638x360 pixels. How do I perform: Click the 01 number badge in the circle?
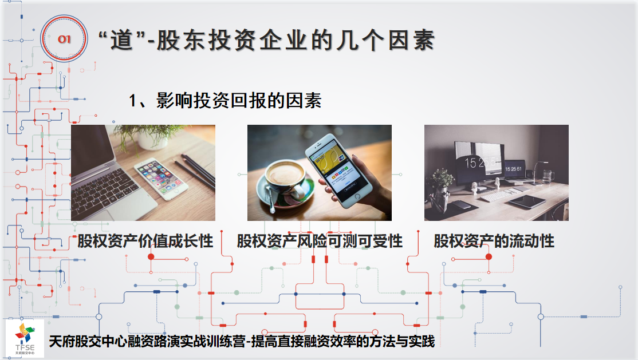click(x=64, y=39)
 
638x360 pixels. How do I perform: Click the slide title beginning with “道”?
click(x=266, y=40)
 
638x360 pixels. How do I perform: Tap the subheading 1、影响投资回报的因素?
click(x=225, y=101)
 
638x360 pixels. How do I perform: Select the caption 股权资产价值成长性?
click(x=145, y=241)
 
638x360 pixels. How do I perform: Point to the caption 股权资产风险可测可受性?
click(x=320, y=241)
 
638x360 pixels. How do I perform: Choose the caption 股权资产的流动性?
click(x=494, y=241)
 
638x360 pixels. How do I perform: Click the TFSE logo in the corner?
click(x=25, y=338)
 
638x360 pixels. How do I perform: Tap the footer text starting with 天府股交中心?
click(x=242, y=341)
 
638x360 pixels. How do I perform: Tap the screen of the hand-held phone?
click(x=334, y=167)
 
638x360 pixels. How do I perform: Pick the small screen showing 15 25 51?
click(x=513, y=168)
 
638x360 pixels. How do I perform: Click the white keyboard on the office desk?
click(x=501, y=195)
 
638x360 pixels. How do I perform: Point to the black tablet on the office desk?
click(x=527, y=200)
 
